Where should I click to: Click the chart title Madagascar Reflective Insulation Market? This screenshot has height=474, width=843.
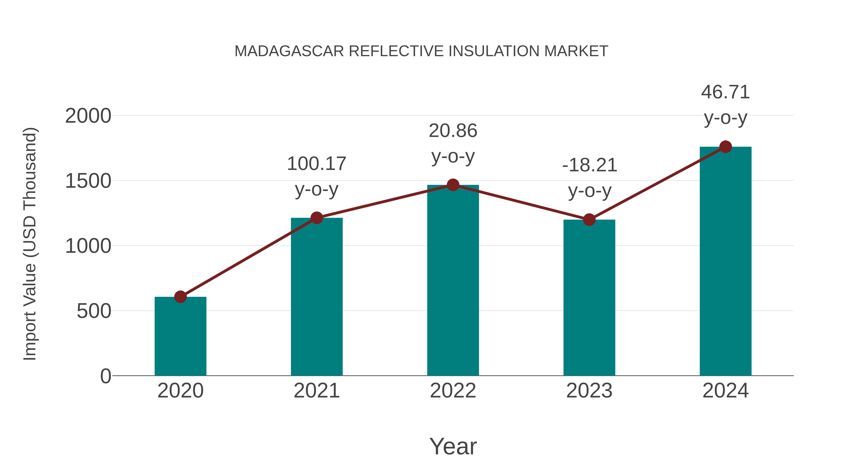click(421, 51)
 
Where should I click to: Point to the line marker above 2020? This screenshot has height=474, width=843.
click(180, 297)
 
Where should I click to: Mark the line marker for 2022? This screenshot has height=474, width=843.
click(453, 185)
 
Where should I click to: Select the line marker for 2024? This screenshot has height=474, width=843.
click(725, 147)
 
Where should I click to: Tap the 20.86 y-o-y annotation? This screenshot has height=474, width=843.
click(453, 143)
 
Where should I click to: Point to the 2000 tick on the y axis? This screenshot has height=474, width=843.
click(88, 116)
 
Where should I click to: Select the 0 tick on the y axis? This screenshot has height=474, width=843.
click(106, 376)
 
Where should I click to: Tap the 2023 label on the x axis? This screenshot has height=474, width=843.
click(589, 391)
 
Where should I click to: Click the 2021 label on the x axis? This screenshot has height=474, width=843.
click(316, 391)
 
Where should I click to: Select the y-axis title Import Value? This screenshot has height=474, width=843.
click(30, 244)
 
